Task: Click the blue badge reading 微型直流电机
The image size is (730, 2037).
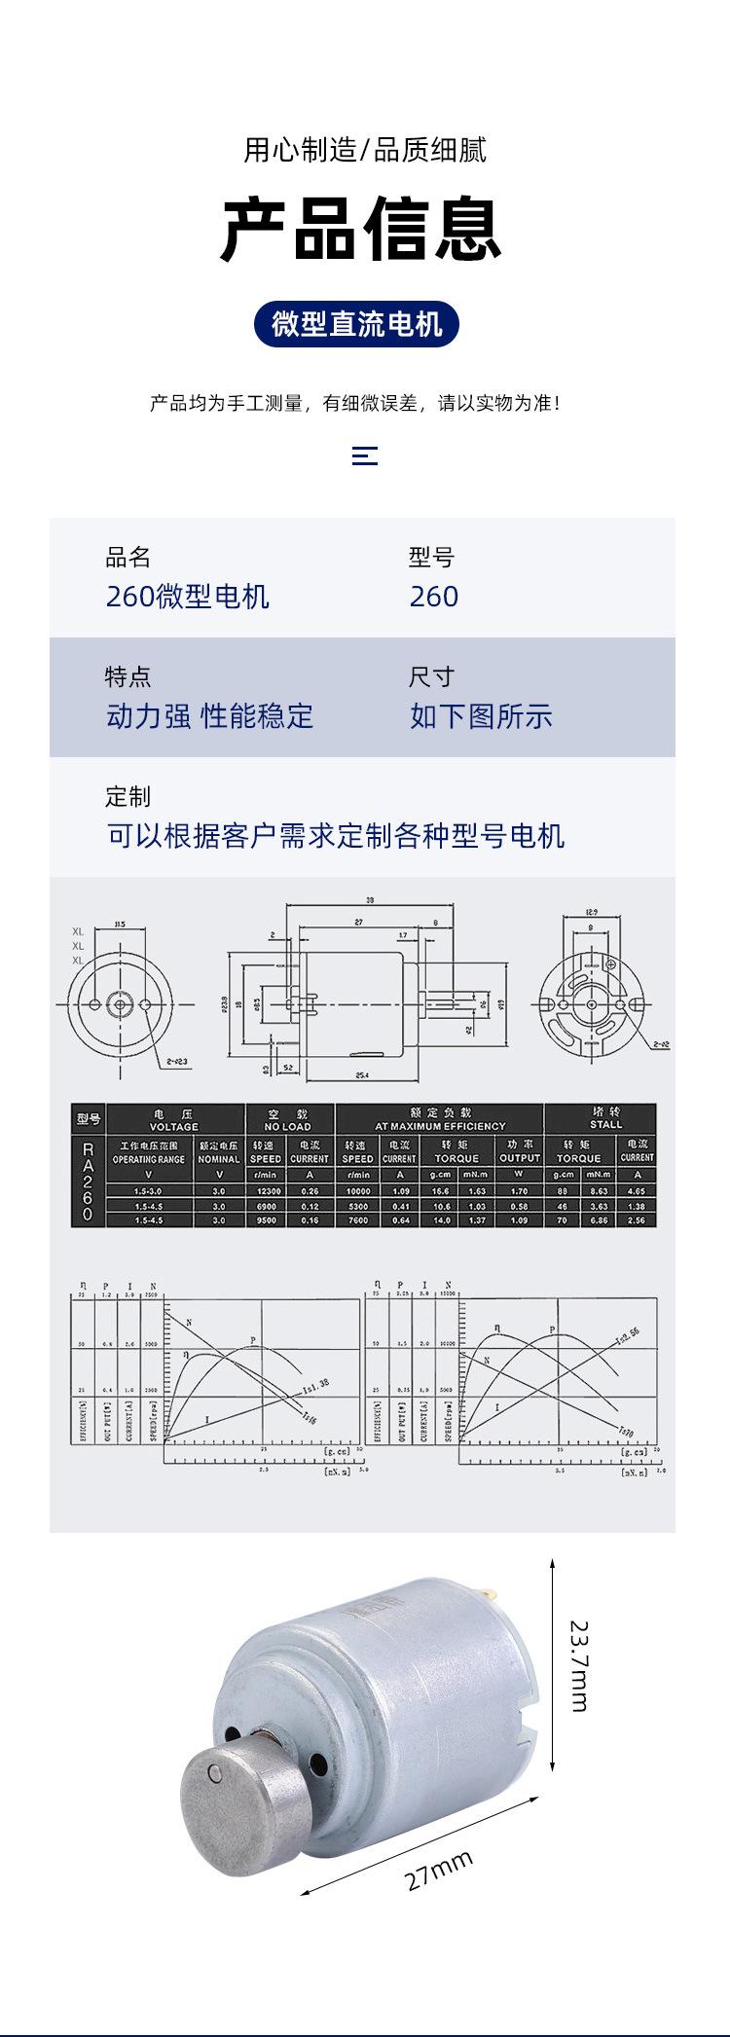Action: coord(356,324)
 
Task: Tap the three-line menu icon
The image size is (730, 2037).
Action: coord(364,455)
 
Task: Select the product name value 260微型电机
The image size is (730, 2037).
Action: coord(187,597)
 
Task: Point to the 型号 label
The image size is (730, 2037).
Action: coord(431,558)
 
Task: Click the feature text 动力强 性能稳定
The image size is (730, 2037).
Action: coord(209,716)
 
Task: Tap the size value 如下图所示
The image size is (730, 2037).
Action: coord(481,716)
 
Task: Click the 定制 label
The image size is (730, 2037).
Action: coord(128,796)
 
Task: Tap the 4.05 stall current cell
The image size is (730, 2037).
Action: coord(637,1190)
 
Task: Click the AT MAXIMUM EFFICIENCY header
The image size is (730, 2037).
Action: coord(440,1126)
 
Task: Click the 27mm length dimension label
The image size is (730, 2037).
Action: coord(439,1871)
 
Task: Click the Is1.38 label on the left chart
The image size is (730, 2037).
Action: coord(315,1384)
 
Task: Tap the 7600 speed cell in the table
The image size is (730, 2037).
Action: coord(357,1219)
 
